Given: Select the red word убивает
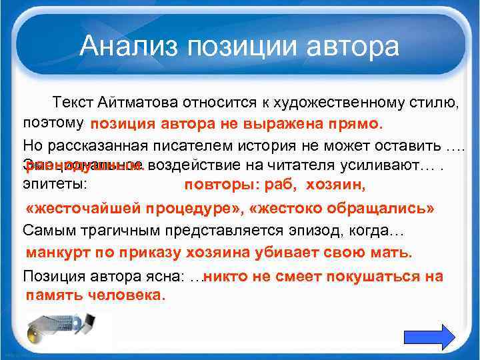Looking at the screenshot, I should [284, 253].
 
